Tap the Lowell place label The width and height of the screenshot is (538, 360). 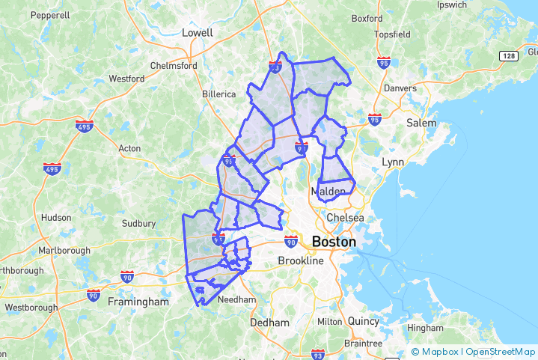(198, 33)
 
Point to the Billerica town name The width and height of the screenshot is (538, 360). (218, 94)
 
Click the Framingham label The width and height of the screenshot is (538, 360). (138, 302)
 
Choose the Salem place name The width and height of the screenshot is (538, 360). (421, 123)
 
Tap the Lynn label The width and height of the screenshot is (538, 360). (392, 162)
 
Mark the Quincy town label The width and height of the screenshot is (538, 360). (364, 321)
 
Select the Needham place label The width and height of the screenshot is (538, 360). (236, 299)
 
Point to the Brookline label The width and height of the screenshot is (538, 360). (300, 261)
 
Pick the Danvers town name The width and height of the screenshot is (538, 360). (400, 88)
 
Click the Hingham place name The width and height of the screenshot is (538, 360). (425, 328)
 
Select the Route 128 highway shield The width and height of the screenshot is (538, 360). (510, 56)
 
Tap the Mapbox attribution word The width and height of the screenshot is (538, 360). (439, 351)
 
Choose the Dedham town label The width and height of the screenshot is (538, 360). (269, 323)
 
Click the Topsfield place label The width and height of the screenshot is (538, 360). (394, 56)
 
